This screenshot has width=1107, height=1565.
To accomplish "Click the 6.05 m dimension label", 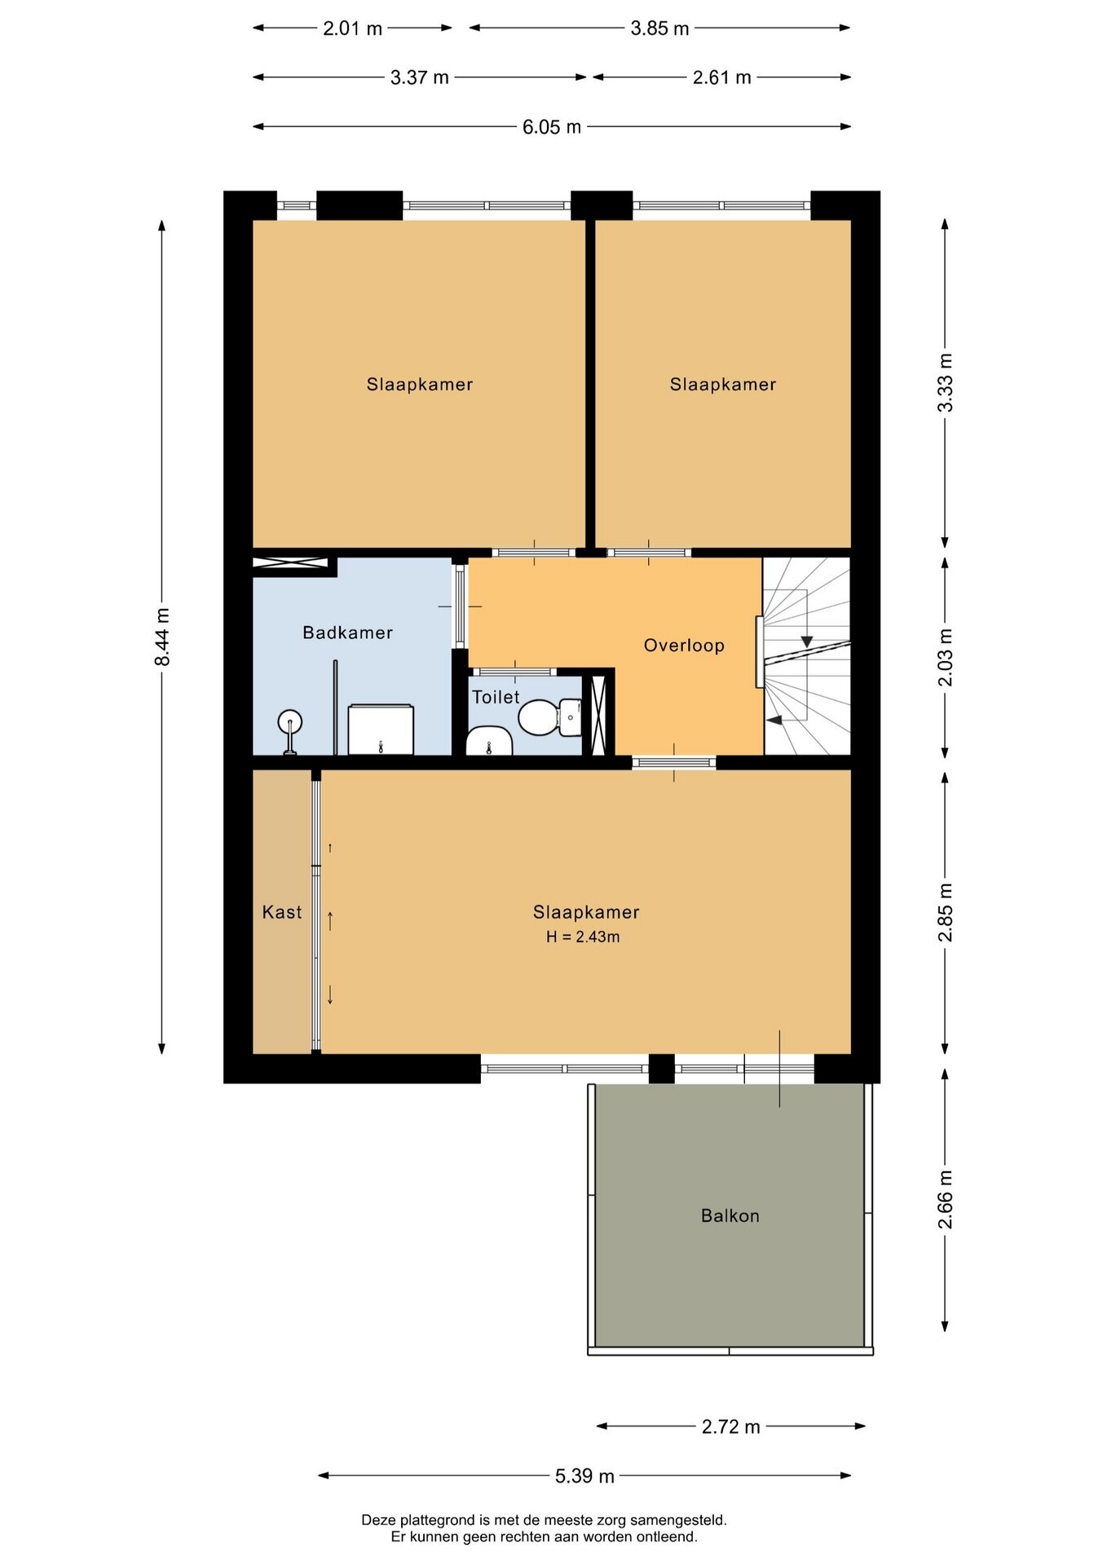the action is coord(552,127).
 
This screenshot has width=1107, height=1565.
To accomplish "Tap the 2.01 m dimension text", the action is coord(352,29).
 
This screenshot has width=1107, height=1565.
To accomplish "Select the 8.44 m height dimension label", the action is coord(162,637).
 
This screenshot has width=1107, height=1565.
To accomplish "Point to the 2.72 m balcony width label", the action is coord(731,1426).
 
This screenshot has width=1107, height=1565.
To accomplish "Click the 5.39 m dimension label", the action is coord(584,1476).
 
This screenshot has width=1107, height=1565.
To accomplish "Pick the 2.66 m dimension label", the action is coord(945,1199).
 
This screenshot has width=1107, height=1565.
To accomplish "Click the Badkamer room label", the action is coord(347,633).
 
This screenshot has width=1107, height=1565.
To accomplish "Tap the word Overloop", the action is coord(684,646).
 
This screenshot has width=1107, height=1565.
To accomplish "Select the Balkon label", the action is coord(730,1215).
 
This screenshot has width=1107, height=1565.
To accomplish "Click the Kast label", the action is coord(282,912).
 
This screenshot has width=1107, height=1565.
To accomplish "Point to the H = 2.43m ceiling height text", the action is coord(583,937).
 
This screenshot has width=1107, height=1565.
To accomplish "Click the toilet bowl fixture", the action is coord(549,717).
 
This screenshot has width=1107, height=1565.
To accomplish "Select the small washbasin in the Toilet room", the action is coord(488,741).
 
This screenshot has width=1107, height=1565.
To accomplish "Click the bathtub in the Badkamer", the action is coord(381,730).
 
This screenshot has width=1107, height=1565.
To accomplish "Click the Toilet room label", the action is coord(496,697).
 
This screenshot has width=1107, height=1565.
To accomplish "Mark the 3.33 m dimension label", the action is coord(945,382).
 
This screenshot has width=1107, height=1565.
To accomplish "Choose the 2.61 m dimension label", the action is coord(721,77).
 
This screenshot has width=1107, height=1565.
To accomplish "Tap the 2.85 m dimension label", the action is coord(945,912).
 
